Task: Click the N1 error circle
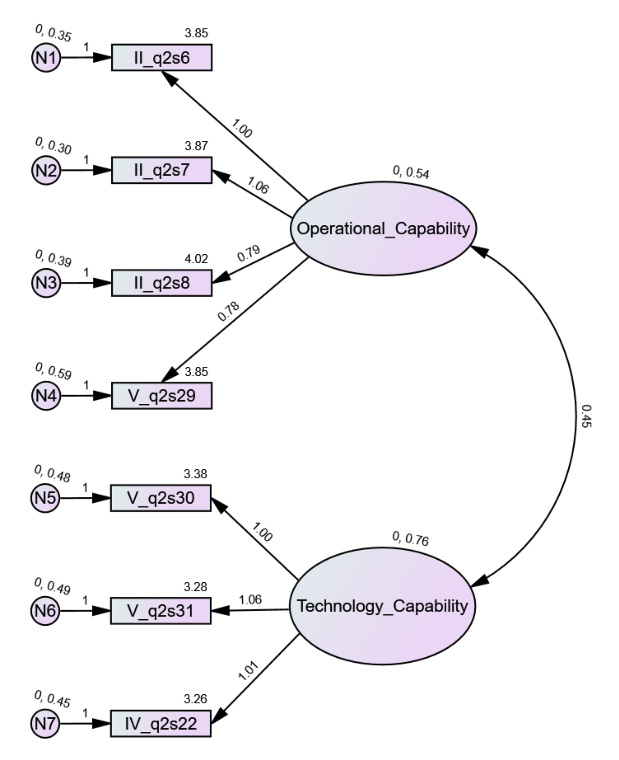click(x=46, y=57)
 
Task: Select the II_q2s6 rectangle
click(x=162, y=57)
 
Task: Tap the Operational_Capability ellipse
click(x=383, y=228)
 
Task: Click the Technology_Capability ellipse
click(x=382, y=606)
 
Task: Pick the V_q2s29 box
click(x=162, y=396)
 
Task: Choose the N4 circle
click(x=46, y=396)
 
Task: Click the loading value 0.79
click(x=249, y=253)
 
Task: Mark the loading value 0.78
click(x=229, y=311)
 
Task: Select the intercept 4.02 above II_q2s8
click(x=196, y=259)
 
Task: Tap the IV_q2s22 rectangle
click(x=161, y=723)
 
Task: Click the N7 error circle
click(x=45, y=723)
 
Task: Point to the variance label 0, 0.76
click(x=410, y=538)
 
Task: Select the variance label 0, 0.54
click(x=411, y=172)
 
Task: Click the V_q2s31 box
click(x=161, y=611)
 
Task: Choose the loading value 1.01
click(x=248, y=671)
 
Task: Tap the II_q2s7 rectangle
click(x=162, y=170)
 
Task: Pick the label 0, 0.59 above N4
click(x=53, y=371)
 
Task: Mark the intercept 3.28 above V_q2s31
click(x=195, y=587)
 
